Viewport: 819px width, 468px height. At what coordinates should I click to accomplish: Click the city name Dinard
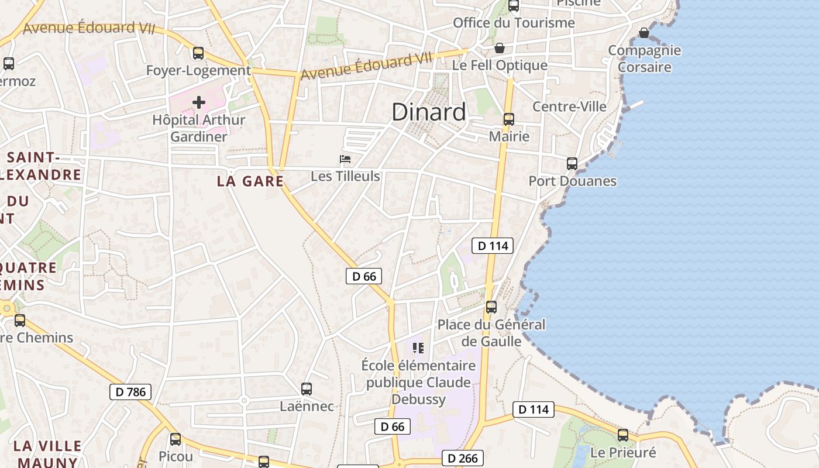[429, 112]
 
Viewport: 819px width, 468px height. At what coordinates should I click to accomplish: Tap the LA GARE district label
[250, 181]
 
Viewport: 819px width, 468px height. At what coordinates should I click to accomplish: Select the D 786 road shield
[130, 392]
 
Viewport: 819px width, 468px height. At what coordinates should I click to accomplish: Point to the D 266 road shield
[463, 459]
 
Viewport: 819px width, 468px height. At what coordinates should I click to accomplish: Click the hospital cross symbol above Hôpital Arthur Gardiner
[199, 103]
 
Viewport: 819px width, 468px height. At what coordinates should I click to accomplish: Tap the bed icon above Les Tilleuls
[345, 159]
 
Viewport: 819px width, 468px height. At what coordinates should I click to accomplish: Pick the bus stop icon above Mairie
[509, 119]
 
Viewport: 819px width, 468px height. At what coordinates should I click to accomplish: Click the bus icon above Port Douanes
[572, 164]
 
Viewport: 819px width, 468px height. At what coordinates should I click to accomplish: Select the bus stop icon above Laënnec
[306, 389]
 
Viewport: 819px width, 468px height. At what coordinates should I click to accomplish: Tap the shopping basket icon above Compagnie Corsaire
[644, 33]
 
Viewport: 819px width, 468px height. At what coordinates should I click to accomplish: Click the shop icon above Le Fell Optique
[500, 48]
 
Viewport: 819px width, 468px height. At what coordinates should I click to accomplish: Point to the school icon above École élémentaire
[418, 348]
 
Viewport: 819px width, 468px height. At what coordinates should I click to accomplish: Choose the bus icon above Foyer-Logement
[198, 53]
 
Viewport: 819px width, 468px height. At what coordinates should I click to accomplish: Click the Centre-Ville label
[569, 106]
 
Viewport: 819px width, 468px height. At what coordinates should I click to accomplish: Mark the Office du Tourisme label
[514, 23]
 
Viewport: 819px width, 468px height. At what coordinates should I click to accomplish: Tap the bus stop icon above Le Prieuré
[623, 435]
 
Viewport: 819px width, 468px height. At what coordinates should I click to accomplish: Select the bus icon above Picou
[175, 439]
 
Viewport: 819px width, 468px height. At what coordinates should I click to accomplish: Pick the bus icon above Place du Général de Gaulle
[491, 307]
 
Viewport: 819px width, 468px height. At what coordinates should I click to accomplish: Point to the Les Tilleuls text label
[345, 176]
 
